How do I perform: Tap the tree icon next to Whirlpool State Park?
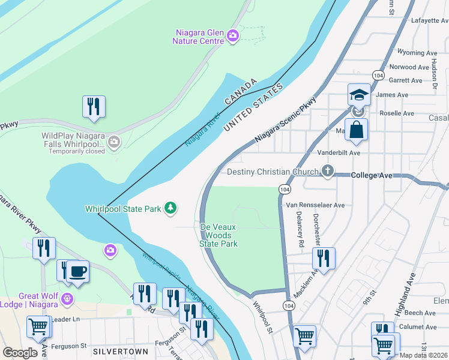tap(172, 208)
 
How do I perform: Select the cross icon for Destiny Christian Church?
tap(327, 172)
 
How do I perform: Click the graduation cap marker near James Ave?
tap(358, 95)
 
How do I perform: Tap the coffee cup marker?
tap(78, 272)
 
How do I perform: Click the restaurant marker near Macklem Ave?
tap(324, 259)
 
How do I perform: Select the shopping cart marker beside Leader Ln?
tap(38, 328)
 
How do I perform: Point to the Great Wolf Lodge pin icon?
tap(68, 298)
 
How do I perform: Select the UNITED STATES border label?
tap(252, 108)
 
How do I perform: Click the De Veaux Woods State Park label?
tap(218, 235)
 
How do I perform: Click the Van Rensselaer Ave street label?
tap(315, 205)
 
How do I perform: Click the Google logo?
tap(20, 352)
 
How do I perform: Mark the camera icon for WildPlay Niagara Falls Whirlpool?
tap(114, 142)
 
